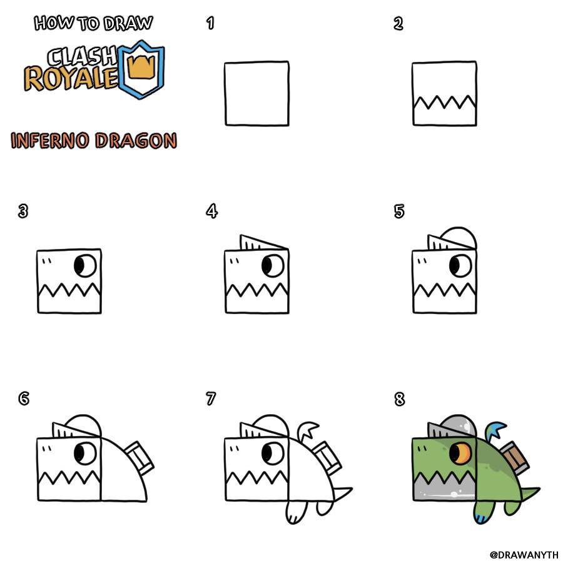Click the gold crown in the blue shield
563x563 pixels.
pos(143,66)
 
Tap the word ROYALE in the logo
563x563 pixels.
pos(71,78)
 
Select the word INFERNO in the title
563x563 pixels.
pos(50,140)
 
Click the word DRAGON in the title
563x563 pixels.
pos(136,140)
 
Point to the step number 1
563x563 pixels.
pos(210,23)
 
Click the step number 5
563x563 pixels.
pos(399,211)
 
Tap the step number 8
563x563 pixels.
pos(399,399)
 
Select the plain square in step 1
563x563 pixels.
pos(256,93)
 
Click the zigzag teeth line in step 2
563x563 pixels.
pos(445,103)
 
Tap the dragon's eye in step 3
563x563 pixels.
pos(86,266)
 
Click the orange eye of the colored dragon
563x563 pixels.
pos(460,453)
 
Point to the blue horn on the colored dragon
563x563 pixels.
pos(495,430)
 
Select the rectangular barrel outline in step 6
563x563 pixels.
pos(139,457)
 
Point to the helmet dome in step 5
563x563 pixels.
pos(460,238)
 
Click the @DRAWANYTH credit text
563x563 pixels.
pos(524,555)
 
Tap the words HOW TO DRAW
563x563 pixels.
pos(93,23)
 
